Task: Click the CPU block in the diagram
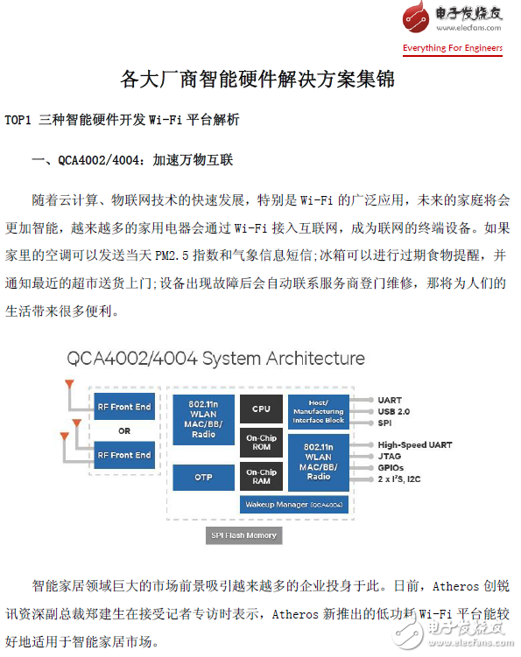(261, 409)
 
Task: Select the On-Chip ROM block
(261, 442)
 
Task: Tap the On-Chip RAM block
(261, 477)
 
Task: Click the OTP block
(203, 478)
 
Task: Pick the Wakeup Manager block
(294, 505)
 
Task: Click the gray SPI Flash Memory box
(243, 535)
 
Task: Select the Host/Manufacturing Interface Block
(319, 411)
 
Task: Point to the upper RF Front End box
(124, 407)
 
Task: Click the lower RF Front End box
(124, 455)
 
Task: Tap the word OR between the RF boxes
(124, 430)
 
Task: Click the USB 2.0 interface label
(393, 411)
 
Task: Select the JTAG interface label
(390, 456)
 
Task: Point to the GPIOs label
(391, 468)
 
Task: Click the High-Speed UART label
(415, 444)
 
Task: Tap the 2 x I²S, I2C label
(399, 479)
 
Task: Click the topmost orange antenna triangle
(69, 384)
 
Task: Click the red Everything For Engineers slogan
(453, 48)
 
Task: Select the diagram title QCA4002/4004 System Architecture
(215, 359)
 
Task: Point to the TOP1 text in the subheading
(18, 120)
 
